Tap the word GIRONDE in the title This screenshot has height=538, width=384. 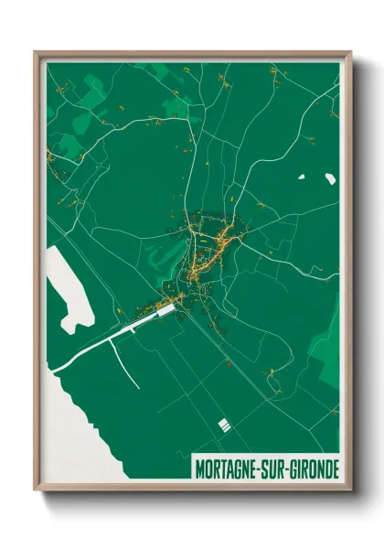point(312,468)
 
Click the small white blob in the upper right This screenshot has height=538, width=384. point(328,179)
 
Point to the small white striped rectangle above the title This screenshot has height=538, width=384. point(223,425)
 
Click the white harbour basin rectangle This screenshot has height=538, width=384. point(165,312)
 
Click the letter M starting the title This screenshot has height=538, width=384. point(201,468)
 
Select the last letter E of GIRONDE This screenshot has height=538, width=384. point(335,468)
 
